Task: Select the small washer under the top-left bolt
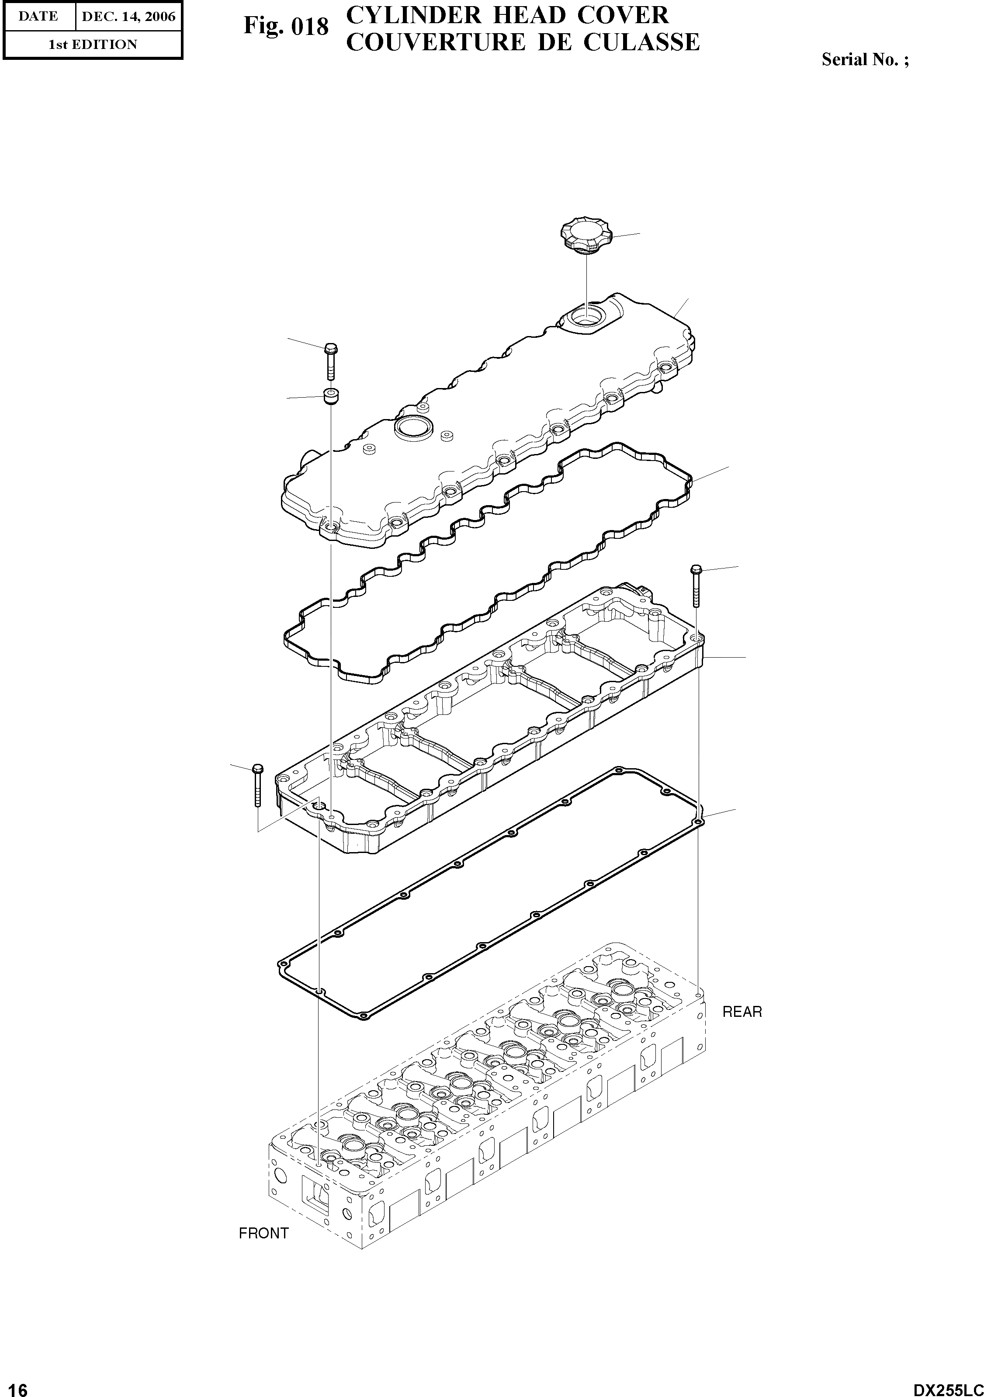coord(330,395)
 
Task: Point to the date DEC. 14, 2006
coord(128,17)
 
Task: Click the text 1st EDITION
coord(93,45)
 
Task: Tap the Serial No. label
coord(865,59)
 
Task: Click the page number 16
coord(14,1385)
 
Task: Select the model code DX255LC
coord(947,1385)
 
